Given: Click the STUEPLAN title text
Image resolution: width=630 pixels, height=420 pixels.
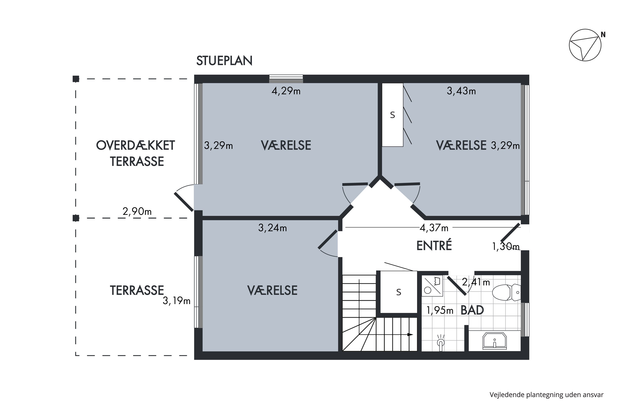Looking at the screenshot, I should [224, 61].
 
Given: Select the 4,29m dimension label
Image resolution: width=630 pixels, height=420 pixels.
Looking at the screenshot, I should [286, 91].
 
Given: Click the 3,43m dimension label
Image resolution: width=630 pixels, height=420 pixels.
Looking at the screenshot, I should [461, 91].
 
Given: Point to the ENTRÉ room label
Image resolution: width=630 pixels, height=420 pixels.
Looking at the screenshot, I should [434, 246].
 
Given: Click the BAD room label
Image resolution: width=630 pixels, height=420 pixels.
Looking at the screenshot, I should [472, 310].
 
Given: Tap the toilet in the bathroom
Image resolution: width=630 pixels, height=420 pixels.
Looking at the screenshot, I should [506, 293].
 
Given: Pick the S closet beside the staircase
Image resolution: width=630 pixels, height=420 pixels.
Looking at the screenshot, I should [399, 292].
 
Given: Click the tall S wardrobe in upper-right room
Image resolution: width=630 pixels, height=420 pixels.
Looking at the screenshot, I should [392, 115].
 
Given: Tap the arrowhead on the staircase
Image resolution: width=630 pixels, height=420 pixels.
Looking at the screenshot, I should [410, 334].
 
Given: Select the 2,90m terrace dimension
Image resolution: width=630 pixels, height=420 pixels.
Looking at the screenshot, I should [137, 212].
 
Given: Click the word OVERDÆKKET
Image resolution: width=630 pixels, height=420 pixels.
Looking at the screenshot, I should [135, 146].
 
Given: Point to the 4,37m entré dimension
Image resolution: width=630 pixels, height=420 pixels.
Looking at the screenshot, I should [434, 228].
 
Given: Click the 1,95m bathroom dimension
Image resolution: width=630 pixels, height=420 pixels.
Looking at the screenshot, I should [440, 310].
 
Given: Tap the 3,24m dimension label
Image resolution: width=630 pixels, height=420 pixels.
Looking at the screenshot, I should [272, 228].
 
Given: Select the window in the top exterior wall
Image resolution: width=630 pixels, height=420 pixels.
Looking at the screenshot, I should [286, 79].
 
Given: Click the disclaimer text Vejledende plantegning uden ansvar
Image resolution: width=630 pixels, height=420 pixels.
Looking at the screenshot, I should [546, 395].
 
